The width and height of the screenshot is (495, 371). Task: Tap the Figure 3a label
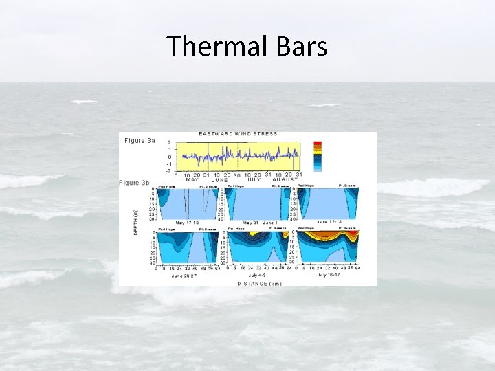140,141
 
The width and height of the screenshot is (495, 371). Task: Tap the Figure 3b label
134,183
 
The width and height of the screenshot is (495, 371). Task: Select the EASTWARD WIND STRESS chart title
238,133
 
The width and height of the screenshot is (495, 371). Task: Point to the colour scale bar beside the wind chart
317,156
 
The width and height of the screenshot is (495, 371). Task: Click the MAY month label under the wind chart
192,180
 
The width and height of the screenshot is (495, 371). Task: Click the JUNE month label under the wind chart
220,180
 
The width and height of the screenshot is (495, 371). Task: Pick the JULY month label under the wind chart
254,180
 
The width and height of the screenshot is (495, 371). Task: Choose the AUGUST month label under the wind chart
285,180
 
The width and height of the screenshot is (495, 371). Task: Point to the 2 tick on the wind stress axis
169,143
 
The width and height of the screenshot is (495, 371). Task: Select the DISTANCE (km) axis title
259,283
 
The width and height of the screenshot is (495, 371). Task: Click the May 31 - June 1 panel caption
259,223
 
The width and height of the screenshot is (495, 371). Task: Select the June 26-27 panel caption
185,275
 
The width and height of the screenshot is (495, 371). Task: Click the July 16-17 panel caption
331,275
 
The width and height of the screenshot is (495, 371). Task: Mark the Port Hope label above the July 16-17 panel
305,229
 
